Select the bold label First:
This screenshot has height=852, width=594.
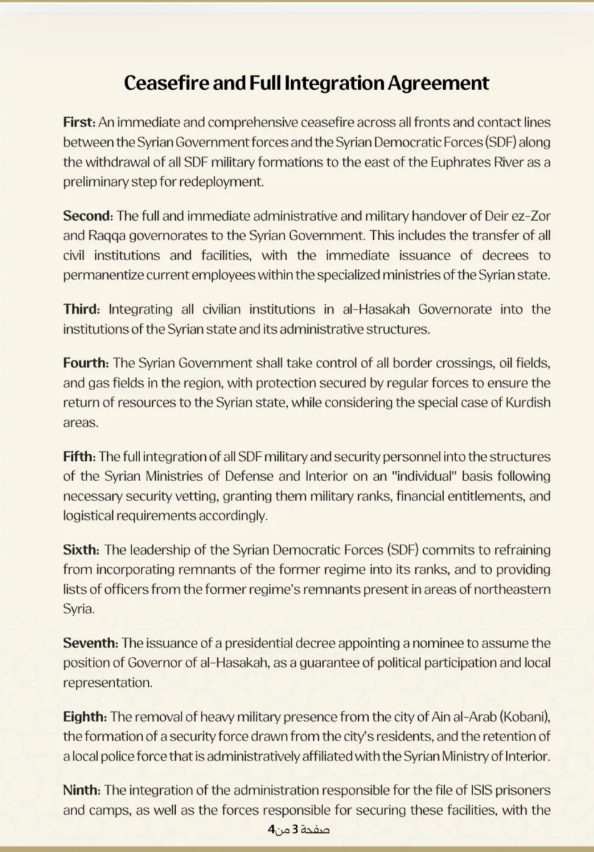79,123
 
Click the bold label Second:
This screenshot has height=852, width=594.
88,216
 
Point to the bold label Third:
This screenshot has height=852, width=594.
82,309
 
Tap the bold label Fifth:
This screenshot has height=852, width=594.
79,456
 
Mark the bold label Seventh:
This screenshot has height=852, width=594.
91,642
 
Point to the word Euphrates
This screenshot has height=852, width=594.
461,162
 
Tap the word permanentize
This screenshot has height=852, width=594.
102,274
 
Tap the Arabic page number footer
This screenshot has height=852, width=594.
298,830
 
